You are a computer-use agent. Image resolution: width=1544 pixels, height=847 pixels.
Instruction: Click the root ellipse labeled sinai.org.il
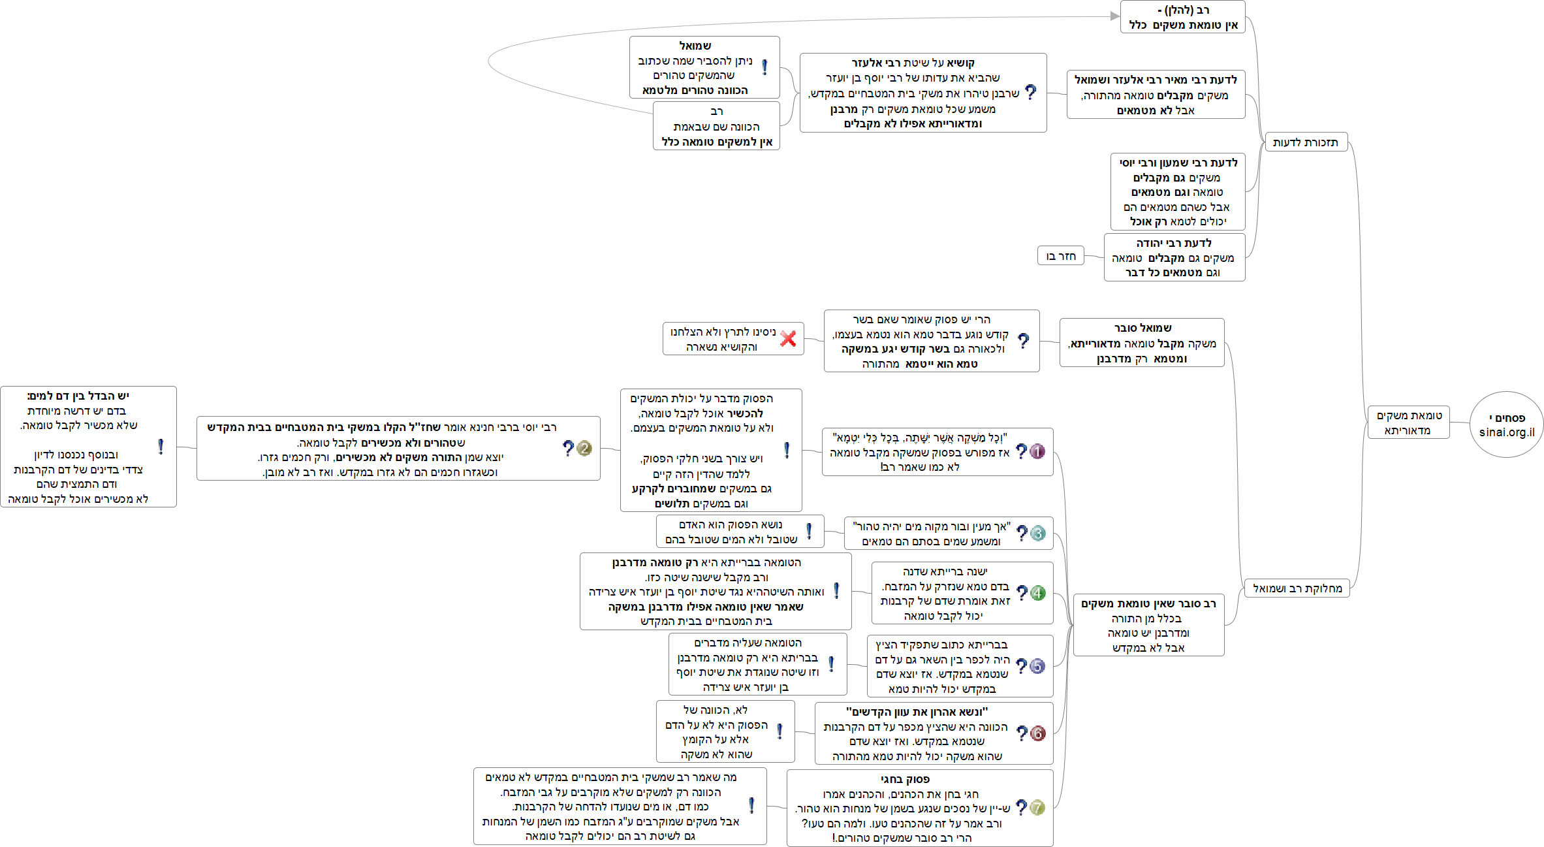point(1506,424)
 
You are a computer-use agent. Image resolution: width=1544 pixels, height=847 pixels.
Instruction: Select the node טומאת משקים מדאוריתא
point(1408,423)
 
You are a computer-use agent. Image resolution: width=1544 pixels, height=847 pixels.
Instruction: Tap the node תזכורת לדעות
point(1306,142)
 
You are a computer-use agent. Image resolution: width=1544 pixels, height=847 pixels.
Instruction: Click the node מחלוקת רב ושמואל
point(1297,588)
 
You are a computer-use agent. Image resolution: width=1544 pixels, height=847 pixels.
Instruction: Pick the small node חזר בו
point(1060,255)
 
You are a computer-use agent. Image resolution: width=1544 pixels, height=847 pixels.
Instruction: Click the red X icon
point(788,338)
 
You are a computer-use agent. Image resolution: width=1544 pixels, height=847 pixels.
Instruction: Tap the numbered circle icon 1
point(1037,451)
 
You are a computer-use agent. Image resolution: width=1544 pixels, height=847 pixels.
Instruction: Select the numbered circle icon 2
point(584,449)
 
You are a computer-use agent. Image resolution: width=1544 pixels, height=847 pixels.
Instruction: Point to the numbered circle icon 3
point(1038,534)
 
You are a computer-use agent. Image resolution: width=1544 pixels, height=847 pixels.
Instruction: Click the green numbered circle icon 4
point(1038,593)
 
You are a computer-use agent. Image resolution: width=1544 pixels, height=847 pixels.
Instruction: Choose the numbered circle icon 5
point(1037,666)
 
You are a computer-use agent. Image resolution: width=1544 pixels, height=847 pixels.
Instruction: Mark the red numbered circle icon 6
point(1037,733)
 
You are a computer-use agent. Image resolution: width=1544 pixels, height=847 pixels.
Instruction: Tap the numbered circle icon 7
point(1037,807)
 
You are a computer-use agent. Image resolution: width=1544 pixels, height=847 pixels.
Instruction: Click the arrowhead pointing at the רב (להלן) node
point(1115,16)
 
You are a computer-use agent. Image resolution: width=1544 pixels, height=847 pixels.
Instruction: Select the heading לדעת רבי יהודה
point(1174,243)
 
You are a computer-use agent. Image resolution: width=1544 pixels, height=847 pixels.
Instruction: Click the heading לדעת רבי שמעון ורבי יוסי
point(1178,163)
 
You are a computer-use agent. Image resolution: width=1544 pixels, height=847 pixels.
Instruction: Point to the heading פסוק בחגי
point(905,779)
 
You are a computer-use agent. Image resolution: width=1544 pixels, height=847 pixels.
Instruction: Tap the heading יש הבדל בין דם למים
point(78,396)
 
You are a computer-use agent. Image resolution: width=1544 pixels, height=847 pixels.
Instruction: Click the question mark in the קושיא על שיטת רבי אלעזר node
point(1030,92)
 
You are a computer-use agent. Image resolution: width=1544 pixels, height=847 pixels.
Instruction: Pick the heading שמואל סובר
point(1142,328)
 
